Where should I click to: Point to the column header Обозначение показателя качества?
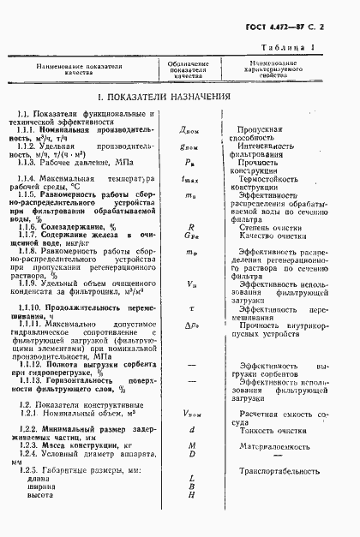coord(188,69)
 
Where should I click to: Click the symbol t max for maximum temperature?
coord(189,180)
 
